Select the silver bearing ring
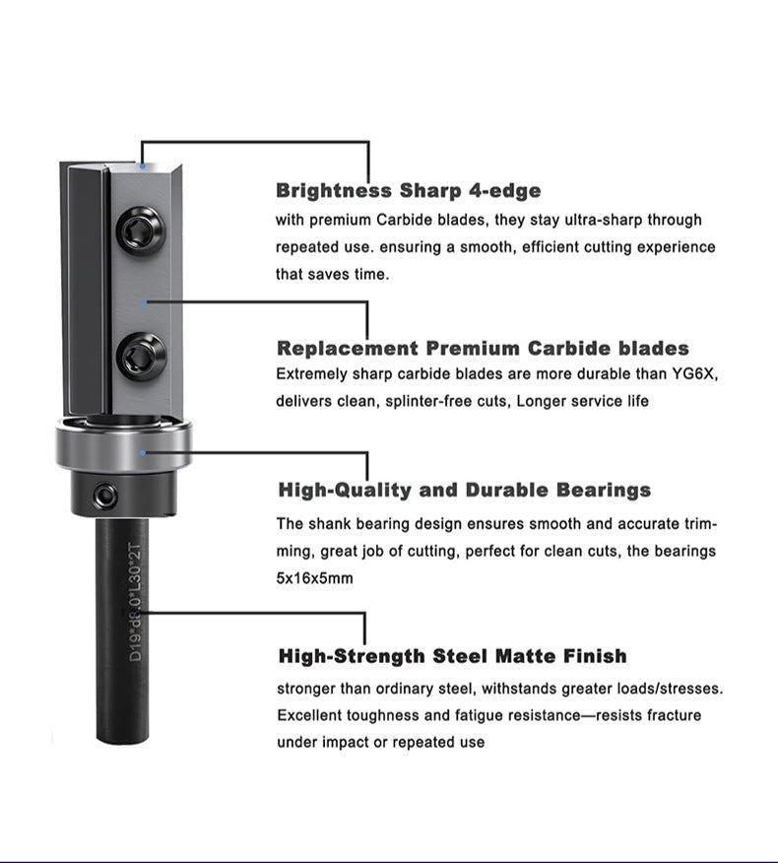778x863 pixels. coord(123,449)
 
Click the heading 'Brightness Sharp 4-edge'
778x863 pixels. coord(408,190)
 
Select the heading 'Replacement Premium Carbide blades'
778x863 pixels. coord(483,348)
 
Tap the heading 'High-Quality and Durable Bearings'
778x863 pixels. coord(465,490)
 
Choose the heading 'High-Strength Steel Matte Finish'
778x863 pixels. coord(452,656)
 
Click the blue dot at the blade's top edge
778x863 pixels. coord(144,166)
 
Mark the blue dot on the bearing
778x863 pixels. coord(145,452)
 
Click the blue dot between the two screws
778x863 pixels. coord(146,300)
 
